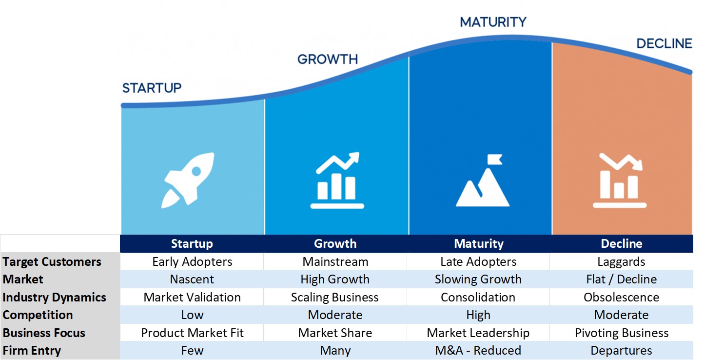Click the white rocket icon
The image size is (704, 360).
tap(188, 180)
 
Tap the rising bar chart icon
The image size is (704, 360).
tap(337, 180)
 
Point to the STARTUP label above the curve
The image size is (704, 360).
tap(152, 88)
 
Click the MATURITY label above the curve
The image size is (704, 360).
tap(493, 22)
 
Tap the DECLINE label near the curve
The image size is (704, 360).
tap(664, 43)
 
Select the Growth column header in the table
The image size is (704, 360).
tap(335, 244)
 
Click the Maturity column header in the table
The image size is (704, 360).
tap(479, 244)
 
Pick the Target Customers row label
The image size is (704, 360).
tap(52, 261)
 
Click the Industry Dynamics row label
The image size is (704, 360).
tap(55, 297)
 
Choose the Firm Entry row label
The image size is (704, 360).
tap(32, 350)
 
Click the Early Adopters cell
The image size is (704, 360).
tap(192, 261)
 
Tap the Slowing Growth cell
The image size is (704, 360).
tap(478, 279)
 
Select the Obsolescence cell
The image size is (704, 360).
tap(621, 297)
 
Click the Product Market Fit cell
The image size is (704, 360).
tap(192, 333)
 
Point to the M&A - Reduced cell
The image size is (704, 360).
tap(478, 350)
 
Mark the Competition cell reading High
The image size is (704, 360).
tap(478, 315)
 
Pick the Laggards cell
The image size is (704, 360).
tap(621, 261)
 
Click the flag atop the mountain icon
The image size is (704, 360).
tap(494, 160)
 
